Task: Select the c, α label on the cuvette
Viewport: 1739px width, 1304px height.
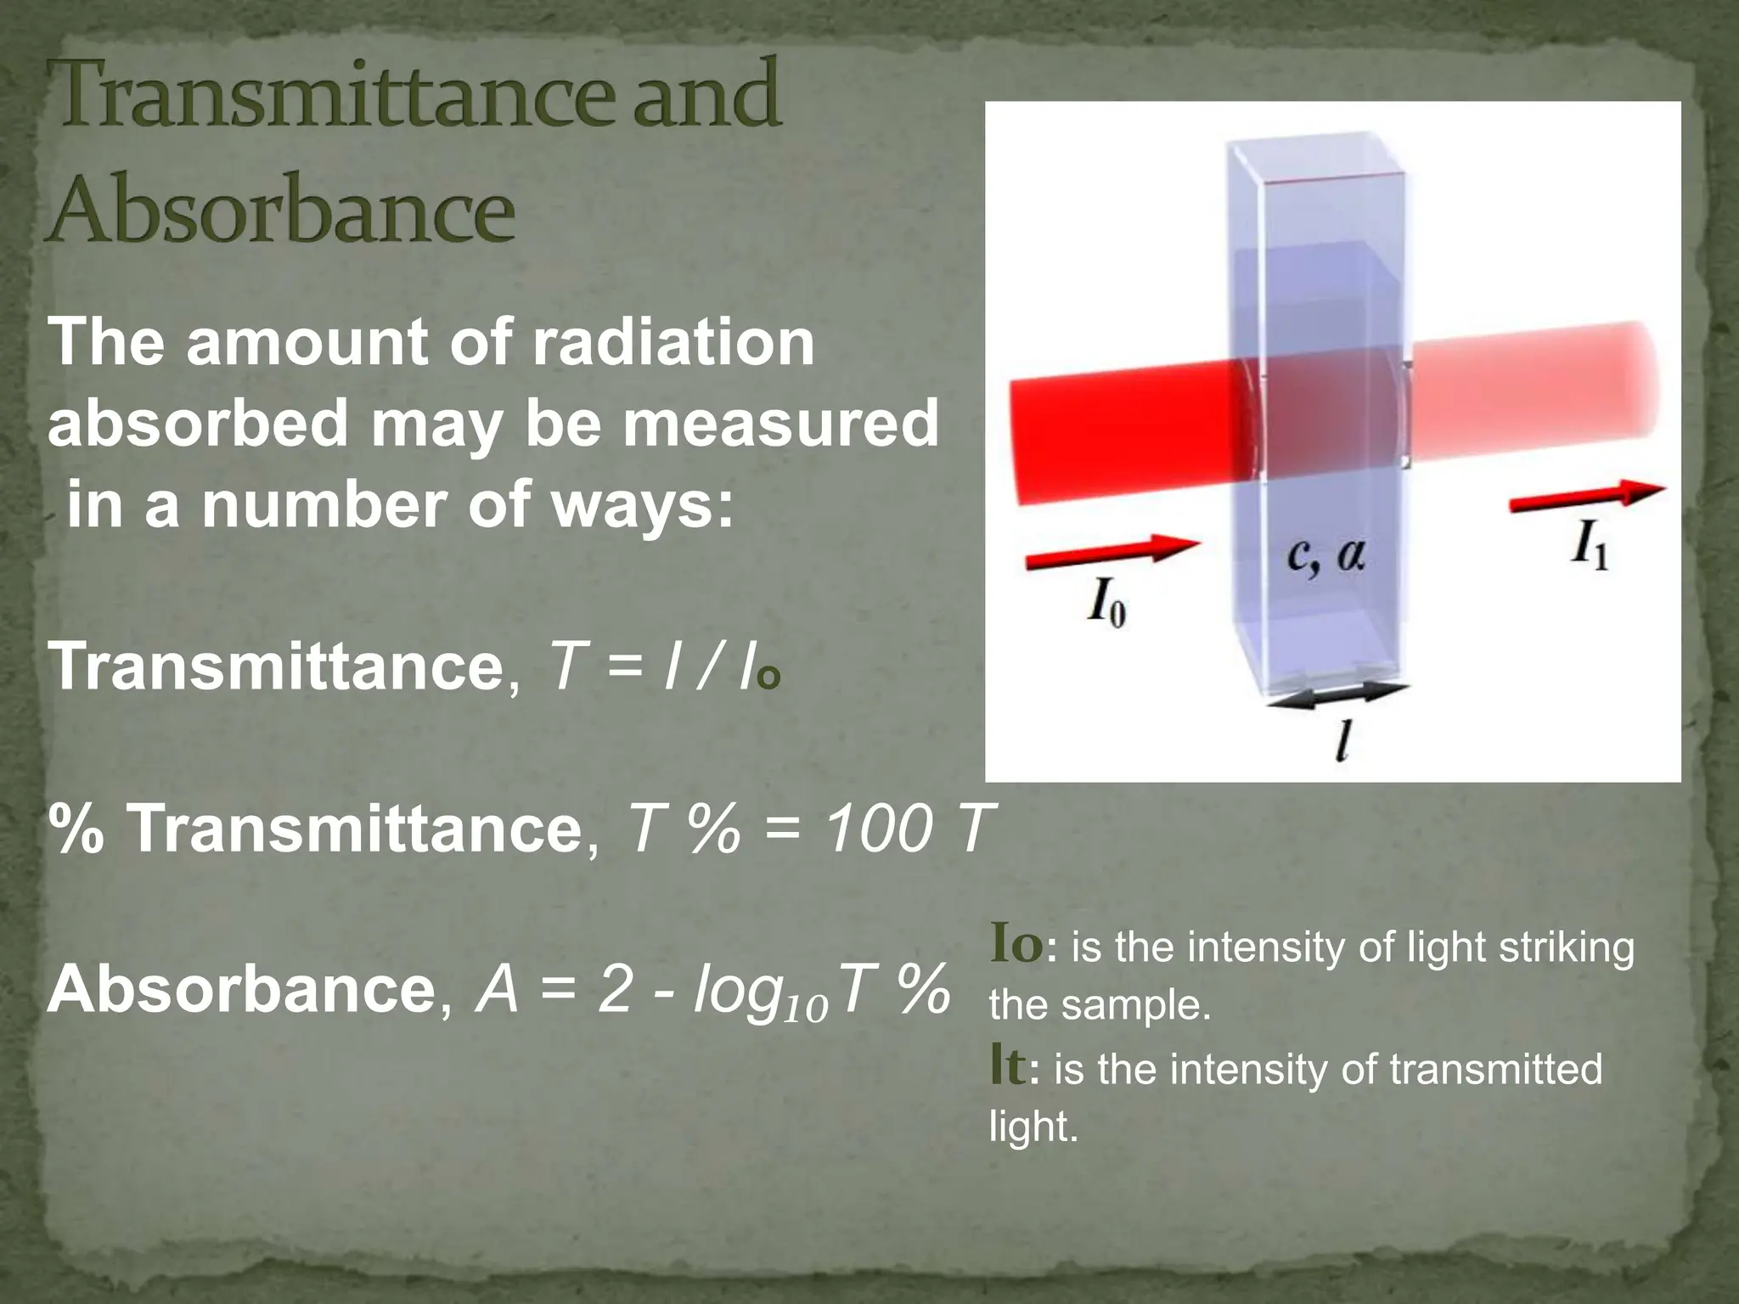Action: [1325, 557]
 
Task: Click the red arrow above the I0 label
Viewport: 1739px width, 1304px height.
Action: [1112, 550]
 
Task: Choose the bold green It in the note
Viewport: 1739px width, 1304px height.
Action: [1008, 1067]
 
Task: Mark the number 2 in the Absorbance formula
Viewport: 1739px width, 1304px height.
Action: [614, 990]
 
